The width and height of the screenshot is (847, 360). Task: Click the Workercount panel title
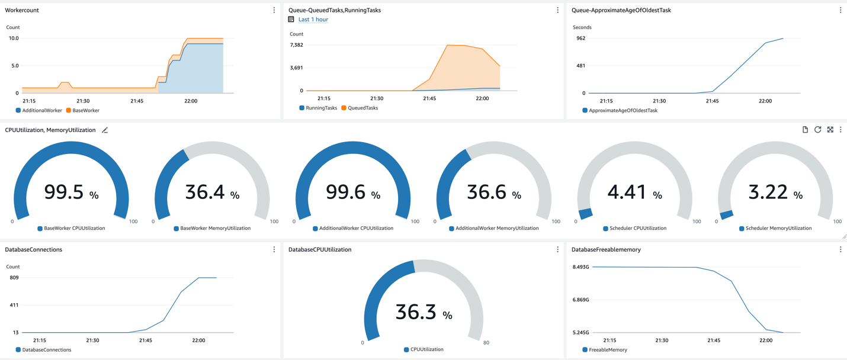[x=22, y=10]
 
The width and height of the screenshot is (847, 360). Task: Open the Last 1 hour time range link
[x=313, y=20]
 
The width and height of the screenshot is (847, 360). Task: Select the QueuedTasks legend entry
[x=363, y=108]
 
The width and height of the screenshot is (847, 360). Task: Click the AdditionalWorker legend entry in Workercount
[x=41, y=110]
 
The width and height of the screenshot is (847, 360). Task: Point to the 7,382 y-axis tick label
[x=296, y=45]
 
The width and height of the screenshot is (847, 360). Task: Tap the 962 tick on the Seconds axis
[x=580, y=38]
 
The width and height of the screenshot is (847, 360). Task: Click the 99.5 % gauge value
[x=71, y=192]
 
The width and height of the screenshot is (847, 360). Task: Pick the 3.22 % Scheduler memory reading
[x=775, y=192]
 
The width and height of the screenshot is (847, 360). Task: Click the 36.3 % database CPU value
[x=423, y=312]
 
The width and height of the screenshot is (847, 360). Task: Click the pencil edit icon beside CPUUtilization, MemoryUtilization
[x=105, y=130]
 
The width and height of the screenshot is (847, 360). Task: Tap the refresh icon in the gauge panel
[x=817, y=130]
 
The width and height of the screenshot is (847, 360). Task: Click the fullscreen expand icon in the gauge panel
[x=830, y=130]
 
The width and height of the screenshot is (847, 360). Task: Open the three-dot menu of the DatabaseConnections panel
[x=274, y=250]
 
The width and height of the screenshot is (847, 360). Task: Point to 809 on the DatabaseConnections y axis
[x=14, y=278]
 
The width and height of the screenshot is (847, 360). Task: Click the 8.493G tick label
[x=580, y=267]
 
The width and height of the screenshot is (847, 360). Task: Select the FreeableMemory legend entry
[x=608, y=350]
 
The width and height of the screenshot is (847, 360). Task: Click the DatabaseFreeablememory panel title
[x=606, y=250]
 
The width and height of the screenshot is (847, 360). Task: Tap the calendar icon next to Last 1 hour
[x=291, y=20]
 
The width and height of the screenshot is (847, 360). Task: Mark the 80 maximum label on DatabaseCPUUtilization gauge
[x=486, y=343]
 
